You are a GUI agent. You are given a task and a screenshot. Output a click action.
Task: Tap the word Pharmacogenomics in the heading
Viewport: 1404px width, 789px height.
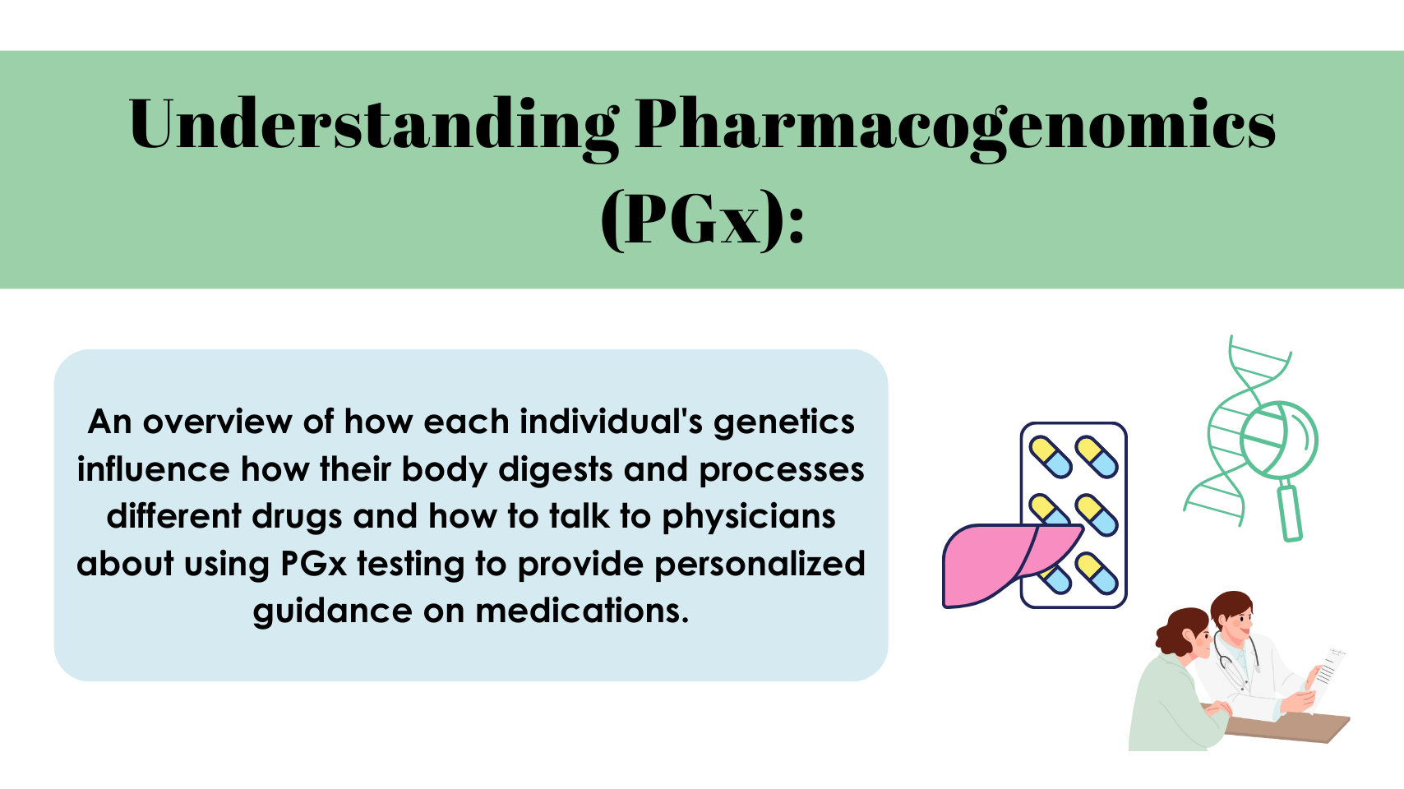955,125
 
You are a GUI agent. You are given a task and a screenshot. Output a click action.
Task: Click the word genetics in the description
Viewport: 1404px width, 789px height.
783,422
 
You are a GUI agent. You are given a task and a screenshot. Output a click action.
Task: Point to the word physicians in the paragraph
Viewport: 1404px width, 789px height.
748,517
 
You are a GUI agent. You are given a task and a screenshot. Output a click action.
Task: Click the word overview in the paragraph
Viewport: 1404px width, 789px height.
217,422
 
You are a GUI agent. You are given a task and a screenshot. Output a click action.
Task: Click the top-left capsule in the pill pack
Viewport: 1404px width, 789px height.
1051,457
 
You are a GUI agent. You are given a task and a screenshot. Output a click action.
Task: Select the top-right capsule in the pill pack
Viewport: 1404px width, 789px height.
1097,457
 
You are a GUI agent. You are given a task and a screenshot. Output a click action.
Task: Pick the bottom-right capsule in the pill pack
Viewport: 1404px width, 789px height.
1097,573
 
